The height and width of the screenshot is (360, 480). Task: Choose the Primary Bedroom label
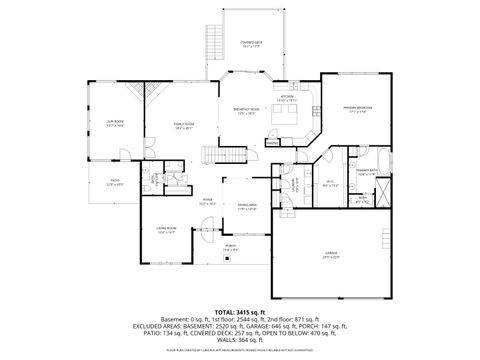tap(359, 109)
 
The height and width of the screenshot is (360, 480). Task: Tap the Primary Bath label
tap(381, 172)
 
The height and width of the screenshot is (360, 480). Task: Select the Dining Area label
tap(246, 208)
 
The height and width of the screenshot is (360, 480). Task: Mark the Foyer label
tap(208, 200)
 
